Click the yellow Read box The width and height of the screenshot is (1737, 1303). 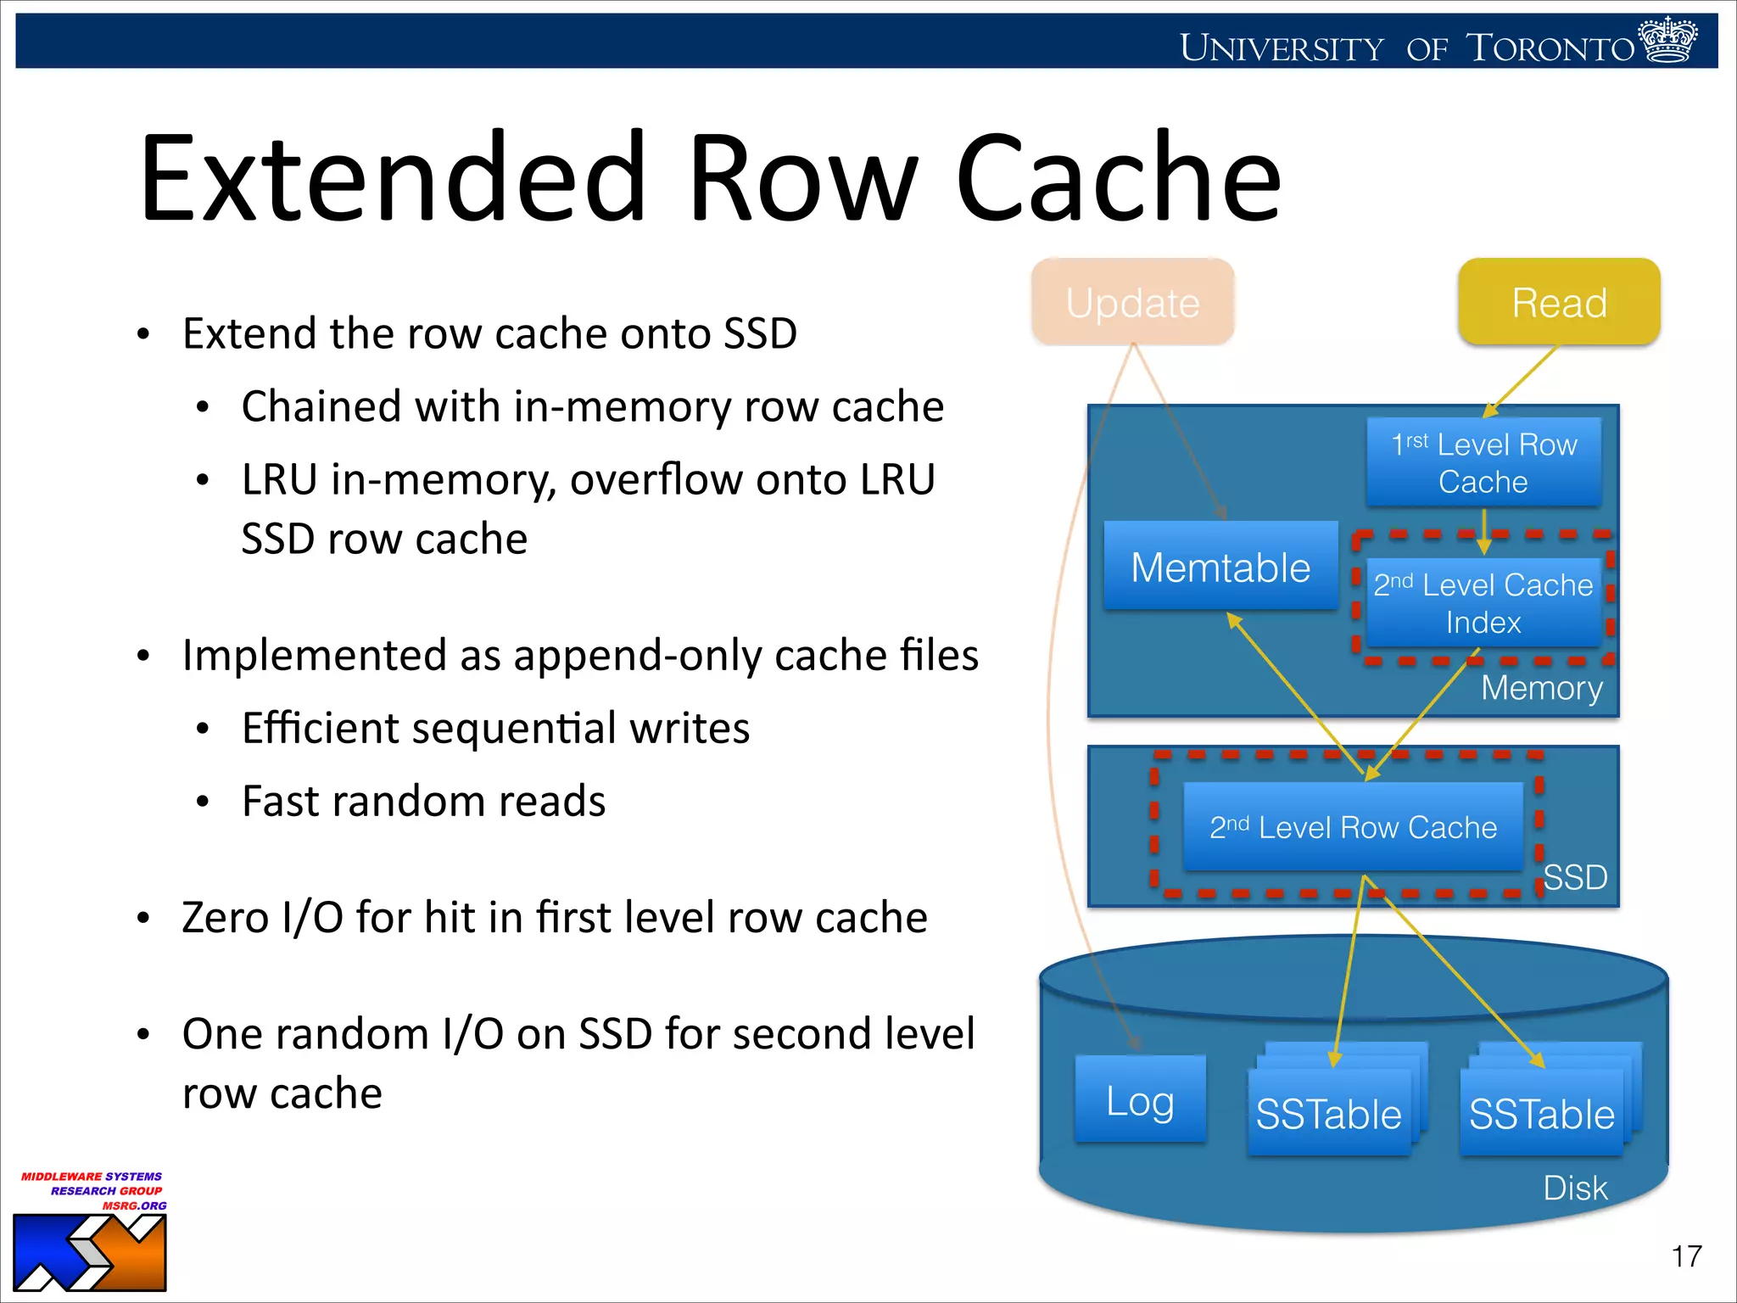1559,303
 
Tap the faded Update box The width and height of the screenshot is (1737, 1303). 1132,303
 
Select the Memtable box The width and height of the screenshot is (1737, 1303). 1220,567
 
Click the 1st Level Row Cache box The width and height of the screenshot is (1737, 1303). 1483,462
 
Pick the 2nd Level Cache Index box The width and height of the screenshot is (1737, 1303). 1483,603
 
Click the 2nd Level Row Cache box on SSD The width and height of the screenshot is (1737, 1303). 1353,827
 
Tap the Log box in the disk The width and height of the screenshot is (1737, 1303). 1140,1100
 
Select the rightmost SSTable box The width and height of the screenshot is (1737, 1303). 1541,1114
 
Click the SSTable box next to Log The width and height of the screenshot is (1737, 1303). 1328,1114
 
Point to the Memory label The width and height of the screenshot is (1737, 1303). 1541,688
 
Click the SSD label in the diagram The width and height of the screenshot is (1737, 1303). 1575,877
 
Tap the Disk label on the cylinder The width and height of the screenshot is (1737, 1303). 1575,1188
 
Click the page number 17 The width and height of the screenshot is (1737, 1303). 1686,1256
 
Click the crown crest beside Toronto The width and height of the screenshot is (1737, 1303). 1668,40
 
